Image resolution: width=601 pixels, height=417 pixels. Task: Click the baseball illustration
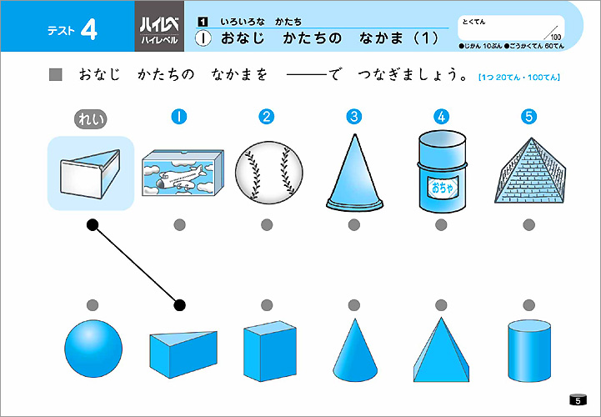click(x=268, y=173)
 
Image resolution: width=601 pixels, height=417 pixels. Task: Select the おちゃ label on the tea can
click(x=443, y=188)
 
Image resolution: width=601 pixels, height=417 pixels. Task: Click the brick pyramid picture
click(x=530, y=170)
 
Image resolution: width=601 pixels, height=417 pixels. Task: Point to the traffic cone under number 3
click(x=354, y=173)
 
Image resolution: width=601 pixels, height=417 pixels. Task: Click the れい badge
click(x=91, y=119)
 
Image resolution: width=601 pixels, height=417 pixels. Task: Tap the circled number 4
click(x=441, y=117)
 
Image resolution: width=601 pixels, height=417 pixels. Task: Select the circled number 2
click(x=267, y=117)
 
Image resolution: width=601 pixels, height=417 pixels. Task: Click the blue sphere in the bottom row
click(x=93, y=349)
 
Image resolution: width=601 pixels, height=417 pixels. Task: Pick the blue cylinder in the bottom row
click(x=529, y=350)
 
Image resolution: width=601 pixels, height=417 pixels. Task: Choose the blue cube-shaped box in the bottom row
click(x=270, y=351)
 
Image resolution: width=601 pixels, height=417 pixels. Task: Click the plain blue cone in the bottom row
click(x=355, y=350)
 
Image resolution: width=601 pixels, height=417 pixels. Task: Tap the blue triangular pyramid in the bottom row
click(x=441, y=350)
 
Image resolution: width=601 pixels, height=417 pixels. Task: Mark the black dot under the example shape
click(x=93, y=225)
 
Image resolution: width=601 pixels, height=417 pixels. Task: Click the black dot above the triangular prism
click(x=179, y=305)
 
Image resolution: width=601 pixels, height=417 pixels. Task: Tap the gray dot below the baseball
click(x=267, y=225)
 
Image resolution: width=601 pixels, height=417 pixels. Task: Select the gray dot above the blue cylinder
click(x=529, y=305)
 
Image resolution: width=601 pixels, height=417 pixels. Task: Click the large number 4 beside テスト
click(x=89, y=30)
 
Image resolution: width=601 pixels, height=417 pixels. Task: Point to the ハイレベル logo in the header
click(x=159, y=31)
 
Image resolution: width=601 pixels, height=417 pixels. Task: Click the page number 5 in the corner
click(x=578, y=400)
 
